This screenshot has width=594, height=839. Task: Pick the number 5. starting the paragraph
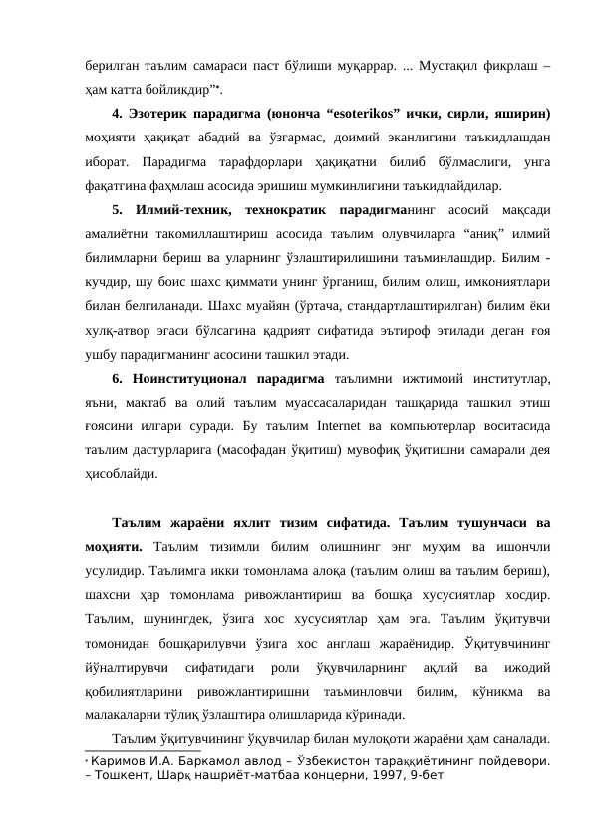(119, 185)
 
